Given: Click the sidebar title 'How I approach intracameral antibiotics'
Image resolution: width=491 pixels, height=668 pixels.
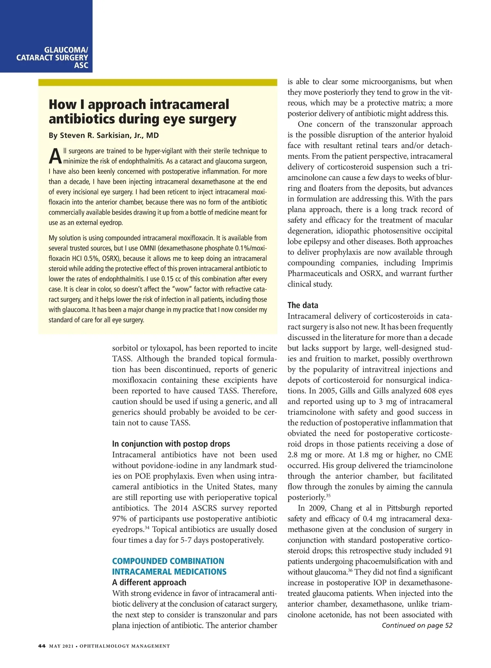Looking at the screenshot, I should click(142, 111).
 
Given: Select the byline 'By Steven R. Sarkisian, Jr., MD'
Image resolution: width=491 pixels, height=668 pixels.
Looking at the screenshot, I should click(104, 135).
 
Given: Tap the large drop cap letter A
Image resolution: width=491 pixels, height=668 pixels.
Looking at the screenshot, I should click(55, 156).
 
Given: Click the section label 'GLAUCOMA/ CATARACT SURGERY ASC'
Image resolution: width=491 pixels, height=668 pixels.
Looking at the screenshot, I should click(52, 58).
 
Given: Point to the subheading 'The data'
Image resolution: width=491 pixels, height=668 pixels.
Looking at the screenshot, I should click(302, 305).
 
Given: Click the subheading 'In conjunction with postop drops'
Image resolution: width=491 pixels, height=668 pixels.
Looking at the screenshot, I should click(171, 444).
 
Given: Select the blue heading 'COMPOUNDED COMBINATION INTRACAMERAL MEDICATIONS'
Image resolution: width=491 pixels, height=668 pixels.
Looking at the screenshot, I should click(169, 566).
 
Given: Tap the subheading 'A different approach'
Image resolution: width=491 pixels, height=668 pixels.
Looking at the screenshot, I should click(149, 582).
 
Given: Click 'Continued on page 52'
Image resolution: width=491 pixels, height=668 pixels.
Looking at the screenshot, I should click(417, 625).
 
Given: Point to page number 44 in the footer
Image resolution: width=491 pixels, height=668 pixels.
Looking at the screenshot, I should click(42, 646).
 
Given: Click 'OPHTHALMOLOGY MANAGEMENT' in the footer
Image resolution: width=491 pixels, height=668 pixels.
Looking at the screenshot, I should click(124, 646).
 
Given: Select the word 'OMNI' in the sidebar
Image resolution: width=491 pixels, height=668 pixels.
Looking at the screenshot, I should click(148, 248).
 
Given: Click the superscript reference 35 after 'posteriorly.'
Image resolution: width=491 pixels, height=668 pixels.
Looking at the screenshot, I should click(328, 496).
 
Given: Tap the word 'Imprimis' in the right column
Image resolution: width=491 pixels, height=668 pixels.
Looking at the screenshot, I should click(437, 263).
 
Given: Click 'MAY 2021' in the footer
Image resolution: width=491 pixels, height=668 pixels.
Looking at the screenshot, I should click(61, 646).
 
